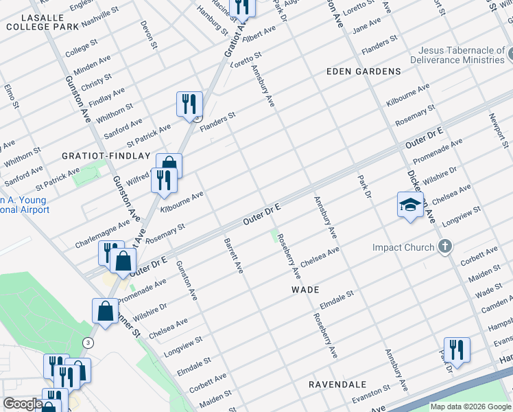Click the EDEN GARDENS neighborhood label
coord(363,71)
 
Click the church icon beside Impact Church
coord(446,247)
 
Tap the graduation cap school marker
coord(410,205)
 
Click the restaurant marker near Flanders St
coord(189,105)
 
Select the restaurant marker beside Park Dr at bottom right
coord(456,350)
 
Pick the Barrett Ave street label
coord(234,255)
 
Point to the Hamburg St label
coord(211,21)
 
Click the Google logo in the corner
coord(23,404)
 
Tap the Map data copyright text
coord(470,407)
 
